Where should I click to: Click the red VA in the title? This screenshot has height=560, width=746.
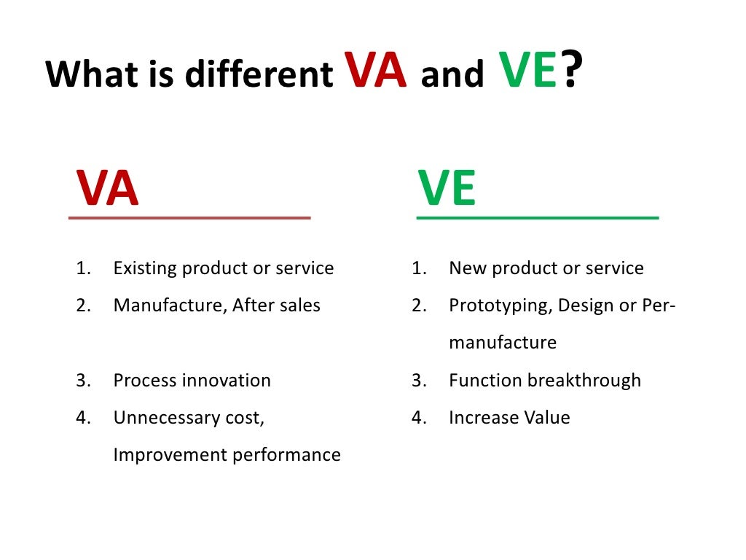(375, 71)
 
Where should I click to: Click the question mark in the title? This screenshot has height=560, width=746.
(573, 71)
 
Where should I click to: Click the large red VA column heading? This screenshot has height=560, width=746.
(107, 188)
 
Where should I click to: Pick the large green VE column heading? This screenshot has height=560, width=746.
(447, 188)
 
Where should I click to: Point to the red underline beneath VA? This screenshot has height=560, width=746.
(189, 217)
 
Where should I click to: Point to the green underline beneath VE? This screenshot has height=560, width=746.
(537, 217)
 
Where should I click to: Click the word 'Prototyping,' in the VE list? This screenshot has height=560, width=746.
(500, 306)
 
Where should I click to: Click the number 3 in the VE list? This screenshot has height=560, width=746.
(417, 381)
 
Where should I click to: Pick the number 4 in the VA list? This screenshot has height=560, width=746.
(82, 418)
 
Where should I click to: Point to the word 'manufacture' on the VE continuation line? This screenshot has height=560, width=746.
(503, 343)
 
